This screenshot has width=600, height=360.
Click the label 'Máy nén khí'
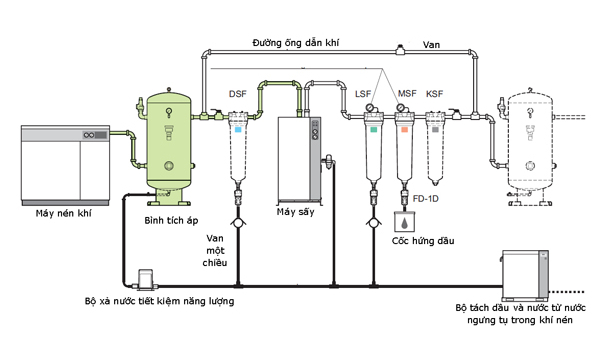point(64,213)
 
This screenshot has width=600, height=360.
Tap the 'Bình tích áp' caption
point(171,220)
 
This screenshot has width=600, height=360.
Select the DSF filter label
point(238,94)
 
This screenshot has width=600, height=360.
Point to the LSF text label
point(363,94)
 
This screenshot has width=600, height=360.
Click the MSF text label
point(407,94)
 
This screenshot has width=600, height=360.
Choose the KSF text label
point(434,94)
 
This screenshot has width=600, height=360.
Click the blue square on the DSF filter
point(238,129)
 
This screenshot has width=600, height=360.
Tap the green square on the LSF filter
point(373,129)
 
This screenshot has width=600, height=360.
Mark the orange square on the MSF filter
point(404,129)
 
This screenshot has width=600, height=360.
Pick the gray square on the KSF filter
point(435,129)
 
